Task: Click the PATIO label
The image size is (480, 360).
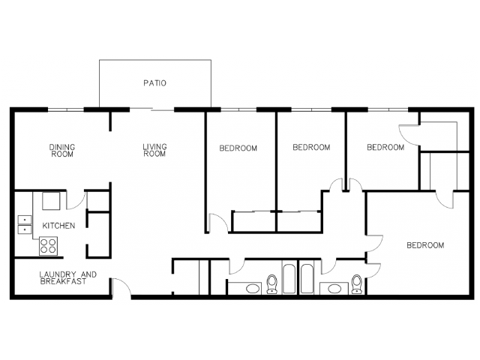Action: coord(155,83)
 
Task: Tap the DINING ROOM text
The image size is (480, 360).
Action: coord(62,151)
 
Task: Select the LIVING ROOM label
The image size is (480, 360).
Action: coord(154,150)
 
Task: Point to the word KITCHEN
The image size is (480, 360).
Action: coord(58,226)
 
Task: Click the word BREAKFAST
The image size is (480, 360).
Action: coord(63,282)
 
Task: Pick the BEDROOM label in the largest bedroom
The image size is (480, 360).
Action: coord(425,245)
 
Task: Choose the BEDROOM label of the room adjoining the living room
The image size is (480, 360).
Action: coord(238,148)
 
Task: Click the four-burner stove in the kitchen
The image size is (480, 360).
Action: coord(48,246)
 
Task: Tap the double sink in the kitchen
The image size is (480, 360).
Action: coord(25,225)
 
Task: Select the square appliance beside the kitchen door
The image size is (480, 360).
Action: coord(51,201)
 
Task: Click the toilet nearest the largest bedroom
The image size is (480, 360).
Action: coord(356,284)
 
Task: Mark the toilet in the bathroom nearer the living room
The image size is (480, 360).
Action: coord(271,284)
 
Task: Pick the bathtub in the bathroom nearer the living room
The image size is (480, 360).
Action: coord(289,278)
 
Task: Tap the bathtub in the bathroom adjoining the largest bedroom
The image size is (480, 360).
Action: coord(307,278)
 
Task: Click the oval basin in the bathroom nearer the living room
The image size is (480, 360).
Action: coord(253,289)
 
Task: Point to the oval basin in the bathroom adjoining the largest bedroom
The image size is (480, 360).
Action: coord(335,289)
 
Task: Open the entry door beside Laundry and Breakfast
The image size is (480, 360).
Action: coord(121,288)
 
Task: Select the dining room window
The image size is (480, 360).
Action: coord(66,109)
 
